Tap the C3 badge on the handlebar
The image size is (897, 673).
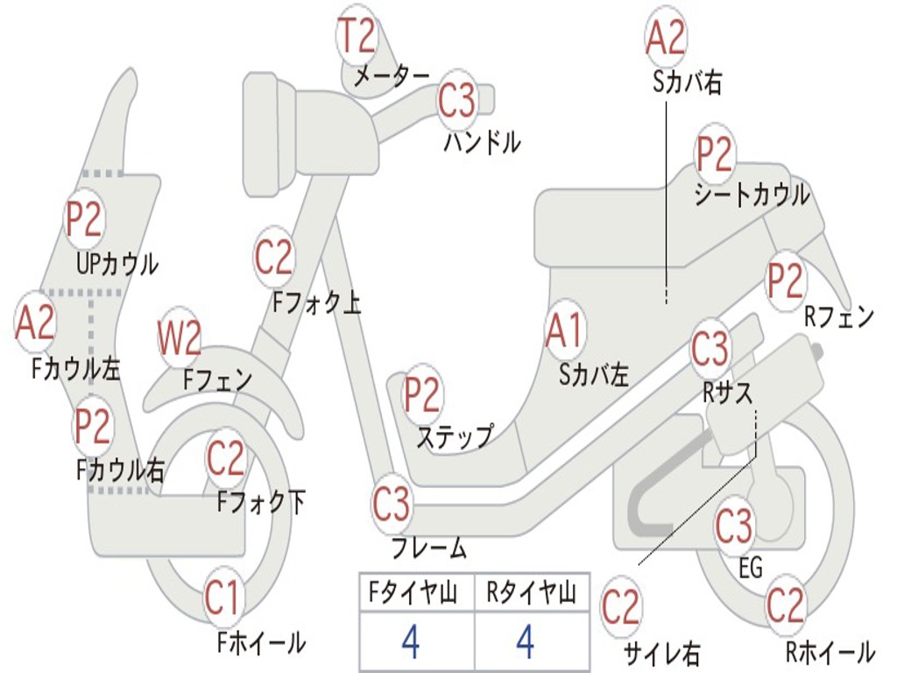click(457, 101)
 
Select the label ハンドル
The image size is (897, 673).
click(482, 141)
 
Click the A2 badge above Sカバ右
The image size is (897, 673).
click(665, 37)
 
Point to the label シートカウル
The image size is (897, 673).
click(752, 195)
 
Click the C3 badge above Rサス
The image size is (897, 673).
click(710, 348)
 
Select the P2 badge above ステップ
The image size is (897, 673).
click(422, 395)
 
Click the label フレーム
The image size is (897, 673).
click(429, 549)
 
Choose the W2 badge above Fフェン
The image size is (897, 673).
click(180, 339)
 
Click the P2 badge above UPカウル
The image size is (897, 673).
click(84, 219)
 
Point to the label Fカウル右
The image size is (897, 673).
click(120, 471)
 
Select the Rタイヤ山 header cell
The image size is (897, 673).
click(532, 594)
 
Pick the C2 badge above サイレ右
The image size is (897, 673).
click(621, 606)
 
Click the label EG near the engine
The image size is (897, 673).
click(752, 568)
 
